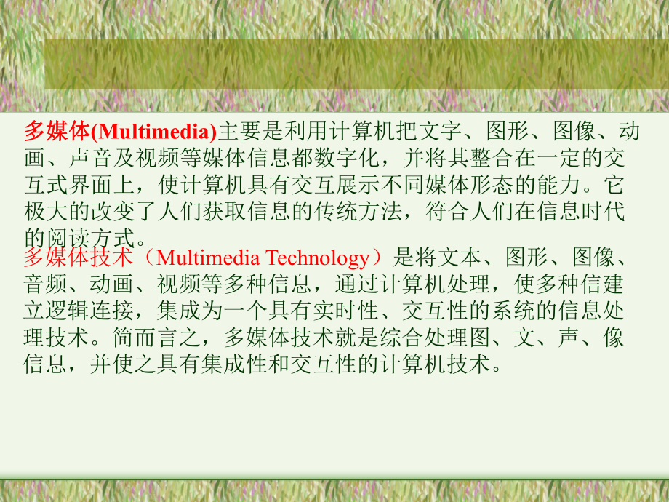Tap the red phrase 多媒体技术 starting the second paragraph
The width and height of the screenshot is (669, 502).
tap(79, 258)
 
